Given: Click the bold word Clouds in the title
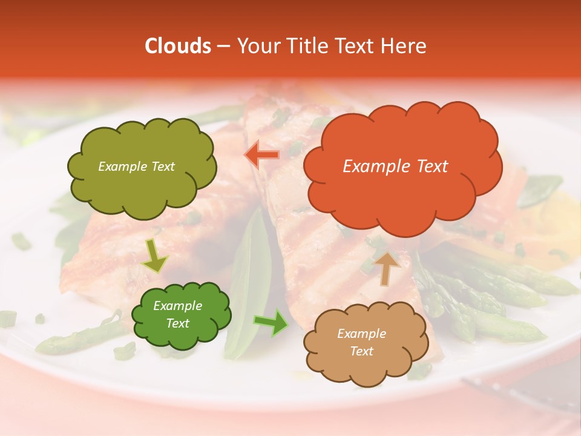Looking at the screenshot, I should (x=178, y=46).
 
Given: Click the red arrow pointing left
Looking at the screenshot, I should (x=262, y=154).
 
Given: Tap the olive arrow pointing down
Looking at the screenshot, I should (x=154, y=256).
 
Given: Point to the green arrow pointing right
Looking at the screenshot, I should (x=271, y=322).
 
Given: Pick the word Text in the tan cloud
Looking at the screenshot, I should (x=362, y=351).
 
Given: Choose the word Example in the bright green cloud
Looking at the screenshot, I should (x=178, y=306).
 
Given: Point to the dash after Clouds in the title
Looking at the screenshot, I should (x=223, y=46).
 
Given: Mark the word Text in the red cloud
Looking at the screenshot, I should (x=431, y=167).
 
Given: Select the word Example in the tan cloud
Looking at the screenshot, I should (x=361, y=334).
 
